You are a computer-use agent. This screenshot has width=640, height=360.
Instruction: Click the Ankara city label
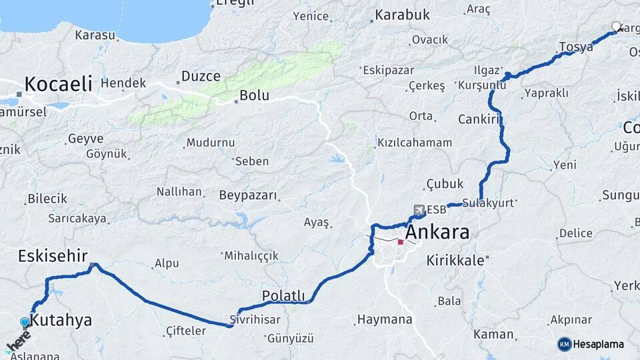click(x=437, y=233)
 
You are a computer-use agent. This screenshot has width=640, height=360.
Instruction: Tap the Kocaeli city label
click(x=58, y=84)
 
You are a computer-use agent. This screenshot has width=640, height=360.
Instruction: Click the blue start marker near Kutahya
click(x=25, y=323)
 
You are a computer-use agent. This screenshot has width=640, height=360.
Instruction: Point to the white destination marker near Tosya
click(x=616, y=27)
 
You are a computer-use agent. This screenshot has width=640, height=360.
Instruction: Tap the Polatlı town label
click(x=283, y=295)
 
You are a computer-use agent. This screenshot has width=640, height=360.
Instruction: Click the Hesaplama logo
click(x=591, y=344)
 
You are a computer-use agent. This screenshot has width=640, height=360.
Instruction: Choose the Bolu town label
click(x=254, y=95)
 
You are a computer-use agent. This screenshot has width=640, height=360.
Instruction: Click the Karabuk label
click(x=402, y=15)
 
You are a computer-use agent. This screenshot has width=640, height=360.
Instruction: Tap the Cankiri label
click(x=479, y=119)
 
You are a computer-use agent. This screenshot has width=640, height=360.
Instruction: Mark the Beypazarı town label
click(x=247, y=195)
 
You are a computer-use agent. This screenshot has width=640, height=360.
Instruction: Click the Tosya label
click(x=576, y=47)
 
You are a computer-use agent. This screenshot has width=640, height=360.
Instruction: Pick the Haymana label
click(x=385, y=319)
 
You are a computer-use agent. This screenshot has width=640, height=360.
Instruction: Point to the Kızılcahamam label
click(x=414, y=143)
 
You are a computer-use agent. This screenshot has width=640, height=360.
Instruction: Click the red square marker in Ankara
click(x=400, y=242)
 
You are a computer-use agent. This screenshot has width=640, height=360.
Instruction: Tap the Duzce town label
click(x=201, y=76)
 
